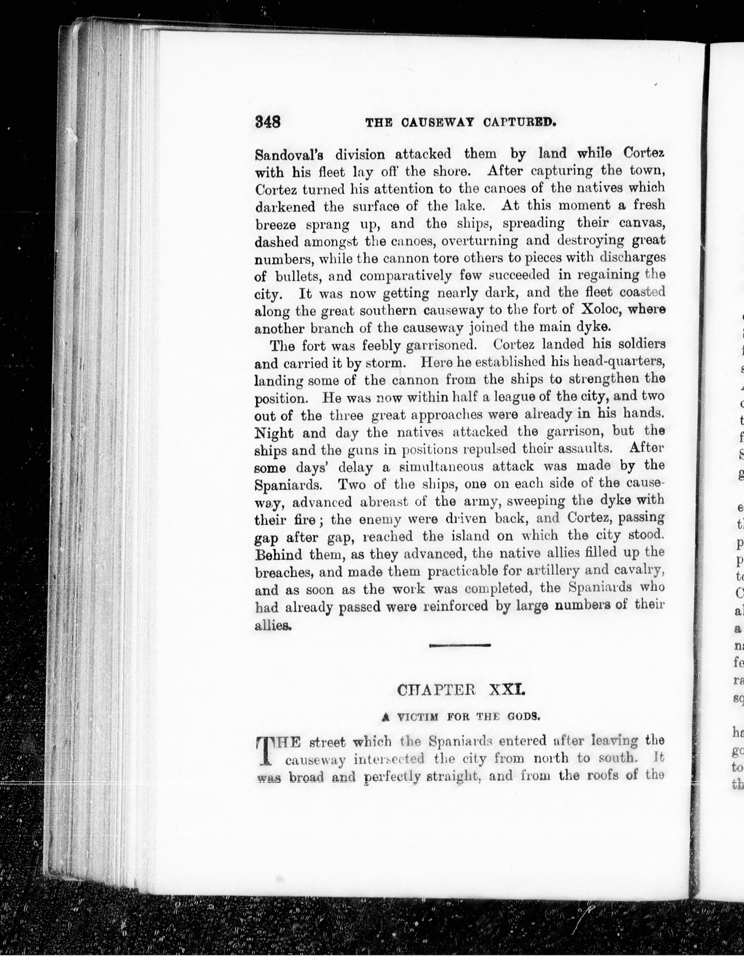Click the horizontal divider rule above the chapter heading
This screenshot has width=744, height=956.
click(x=460, y=645)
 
